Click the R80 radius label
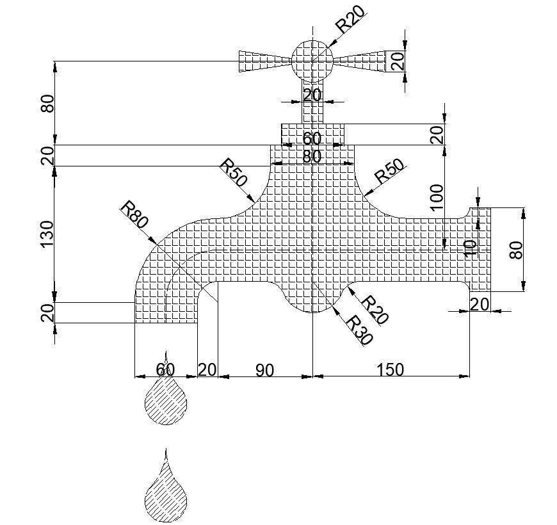[134, 214]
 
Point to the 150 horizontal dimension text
[391, 369]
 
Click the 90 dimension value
[264, 369]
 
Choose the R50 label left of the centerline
[233, 173]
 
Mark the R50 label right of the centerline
[389, 171]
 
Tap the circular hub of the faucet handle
[312, 61]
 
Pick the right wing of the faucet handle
[362, 61]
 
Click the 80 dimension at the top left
[47, 103]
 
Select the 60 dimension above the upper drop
[165, 369]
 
